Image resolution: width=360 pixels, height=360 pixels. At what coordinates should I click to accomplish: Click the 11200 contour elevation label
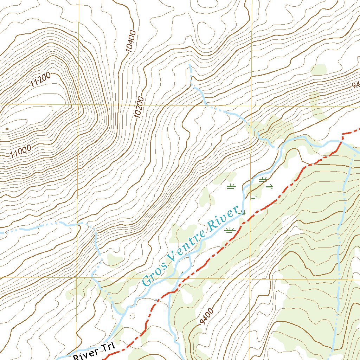click(41, 80)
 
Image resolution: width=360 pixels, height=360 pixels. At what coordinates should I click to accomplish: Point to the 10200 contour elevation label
click(139, 107)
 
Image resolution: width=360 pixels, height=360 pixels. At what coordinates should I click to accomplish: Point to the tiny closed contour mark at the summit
click(7, 129)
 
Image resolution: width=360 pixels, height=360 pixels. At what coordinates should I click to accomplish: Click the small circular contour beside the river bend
click(132, 316)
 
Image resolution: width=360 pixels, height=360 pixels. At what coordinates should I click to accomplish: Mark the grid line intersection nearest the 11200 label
click(78, 105)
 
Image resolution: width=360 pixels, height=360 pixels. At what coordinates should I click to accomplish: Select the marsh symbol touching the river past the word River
click(242, 212)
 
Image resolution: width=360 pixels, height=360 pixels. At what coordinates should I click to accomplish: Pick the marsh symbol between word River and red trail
click(230, 230)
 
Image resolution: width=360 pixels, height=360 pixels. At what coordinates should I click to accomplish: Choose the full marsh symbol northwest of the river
click(231, 186)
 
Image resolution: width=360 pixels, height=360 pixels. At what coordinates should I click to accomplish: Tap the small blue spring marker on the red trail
click(157, 300)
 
